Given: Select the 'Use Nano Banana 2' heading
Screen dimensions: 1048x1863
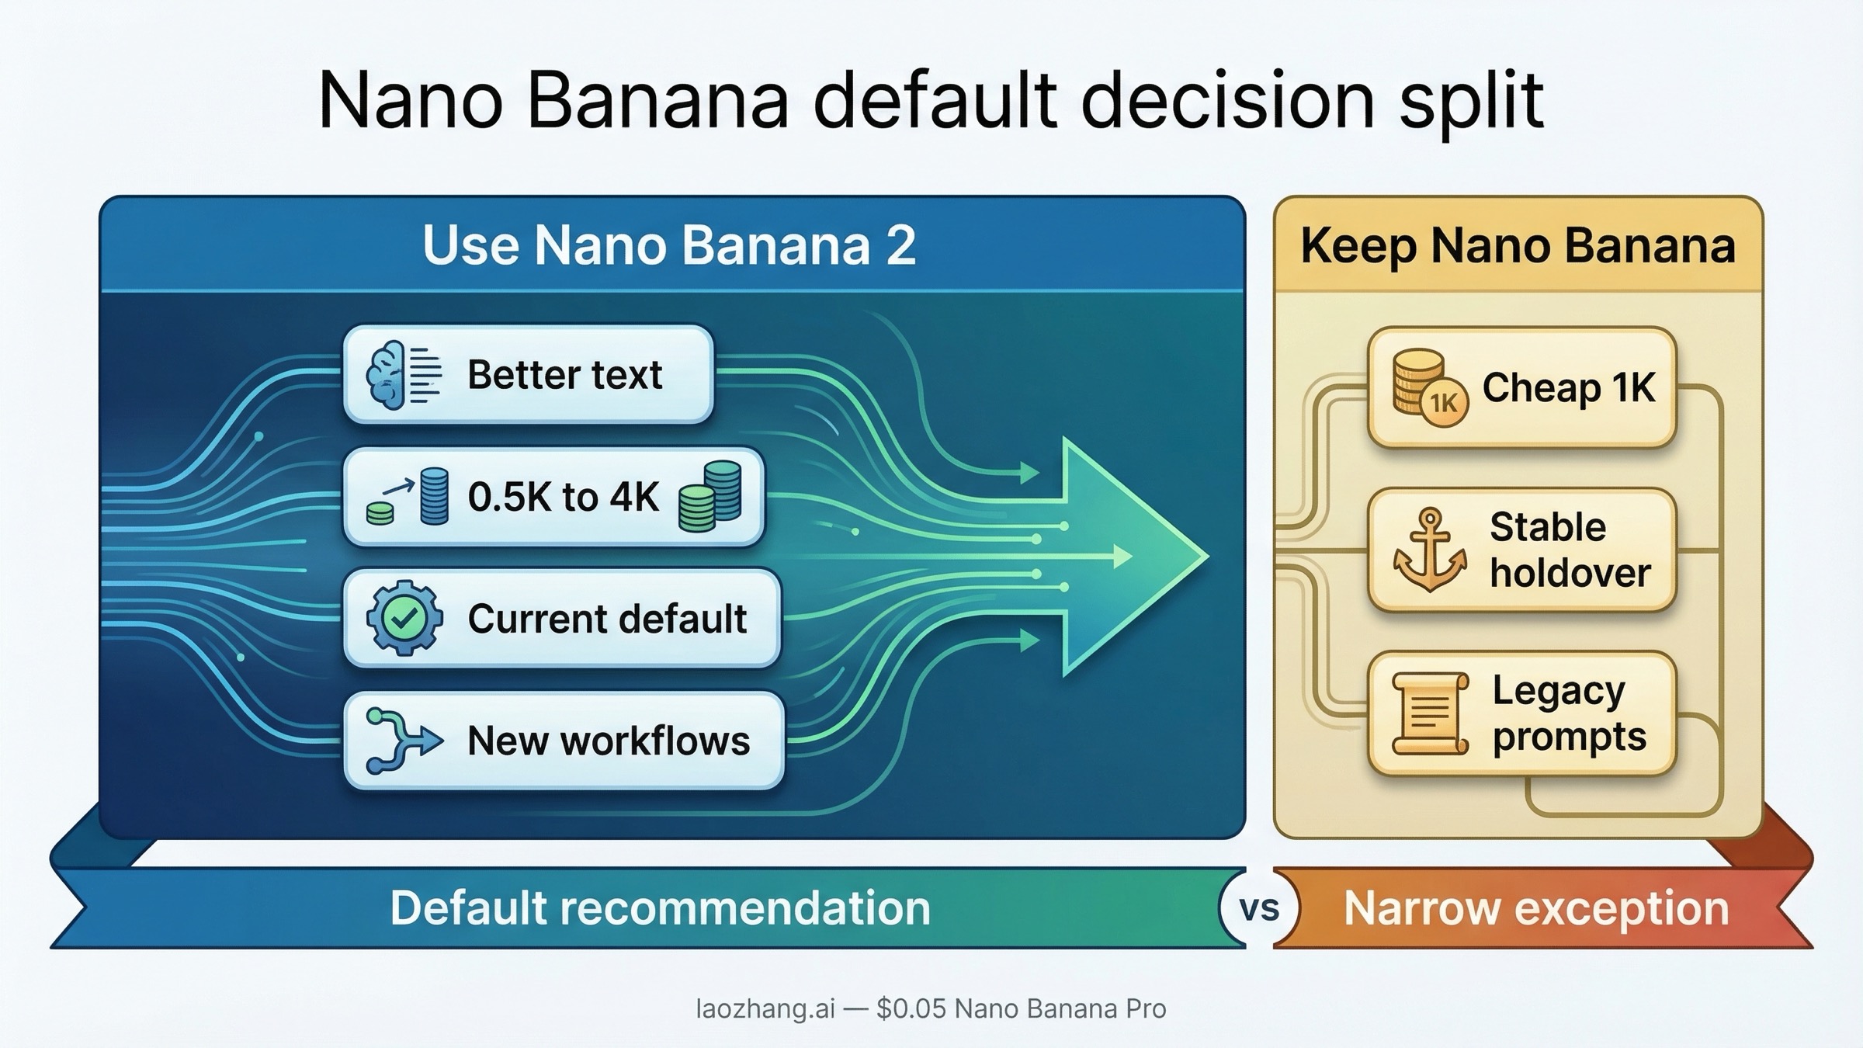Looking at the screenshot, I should pos(668,245).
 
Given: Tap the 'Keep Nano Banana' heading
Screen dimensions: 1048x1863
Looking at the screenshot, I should pos(1518,245).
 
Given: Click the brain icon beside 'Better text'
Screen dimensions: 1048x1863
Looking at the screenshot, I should pos(388,375).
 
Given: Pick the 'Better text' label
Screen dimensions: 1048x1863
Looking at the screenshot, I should pos(564,375).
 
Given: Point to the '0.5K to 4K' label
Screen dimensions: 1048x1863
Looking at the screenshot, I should pos(563,497).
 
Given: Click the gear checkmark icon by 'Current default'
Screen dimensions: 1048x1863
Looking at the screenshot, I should pos(404,619).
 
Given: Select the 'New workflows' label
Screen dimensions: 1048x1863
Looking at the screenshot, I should pos(608,741).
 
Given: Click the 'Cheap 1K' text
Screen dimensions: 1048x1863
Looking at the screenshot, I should pos(1569,387).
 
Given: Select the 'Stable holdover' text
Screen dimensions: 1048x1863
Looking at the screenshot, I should pos(1569,550).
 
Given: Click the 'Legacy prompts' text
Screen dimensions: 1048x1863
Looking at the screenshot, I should pos(1569,713).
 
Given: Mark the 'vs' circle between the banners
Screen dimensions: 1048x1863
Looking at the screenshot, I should pos(1259,908).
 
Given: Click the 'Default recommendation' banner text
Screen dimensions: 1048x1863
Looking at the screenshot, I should pos(660,908).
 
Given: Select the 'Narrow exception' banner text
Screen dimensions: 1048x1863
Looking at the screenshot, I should pos(1536,908).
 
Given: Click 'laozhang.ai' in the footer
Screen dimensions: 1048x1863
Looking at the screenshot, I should pos(765,1009).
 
